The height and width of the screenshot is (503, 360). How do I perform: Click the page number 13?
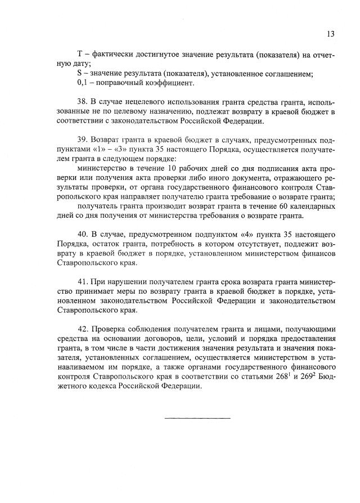[330, 34]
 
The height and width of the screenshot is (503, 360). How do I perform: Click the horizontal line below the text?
[197, 418]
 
